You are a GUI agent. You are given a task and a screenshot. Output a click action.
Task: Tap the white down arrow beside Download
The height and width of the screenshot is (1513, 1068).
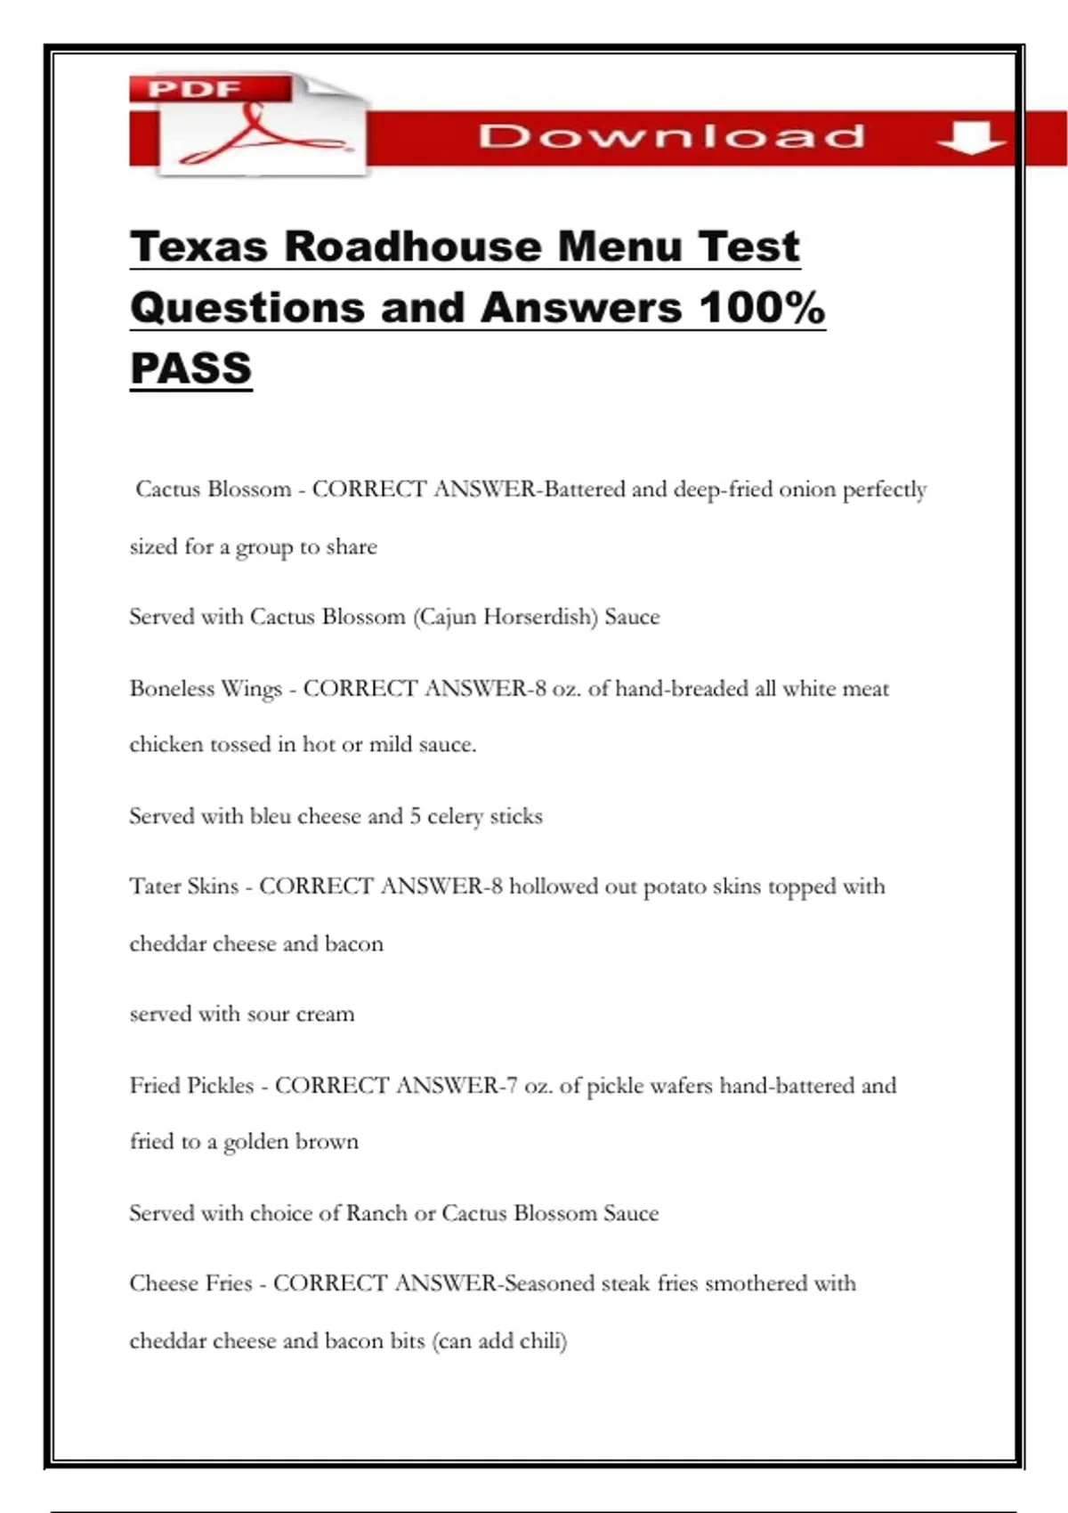971,138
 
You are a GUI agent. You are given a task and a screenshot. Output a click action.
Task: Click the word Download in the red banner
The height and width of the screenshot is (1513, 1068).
672,137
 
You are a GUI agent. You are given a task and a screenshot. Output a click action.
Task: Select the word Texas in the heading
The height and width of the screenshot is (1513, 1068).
198,247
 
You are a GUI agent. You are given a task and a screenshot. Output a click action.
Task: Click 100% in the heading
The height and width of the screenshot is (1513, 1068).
762,308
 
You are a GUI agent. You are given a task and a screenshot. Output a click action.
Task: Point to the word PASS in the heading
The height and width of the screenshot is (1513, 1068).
191,368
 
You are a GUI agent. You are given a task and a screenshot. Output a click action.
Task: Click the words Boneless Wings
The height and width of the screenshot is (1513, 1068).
206,689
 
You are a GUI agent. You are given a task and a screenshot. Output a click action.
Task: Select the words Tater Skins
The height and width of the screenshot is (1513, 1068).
184,886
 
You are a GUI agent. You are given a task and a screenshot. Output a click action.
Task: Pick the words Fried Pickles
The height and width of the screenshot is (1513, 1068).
192,1086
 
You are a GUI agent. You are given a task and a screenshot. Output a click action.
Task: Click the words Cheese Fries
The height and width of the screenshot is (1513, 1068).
191,1283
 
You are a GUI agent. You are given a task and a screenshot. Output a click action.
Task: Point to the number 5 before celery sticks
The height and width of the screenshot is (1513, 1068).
415,816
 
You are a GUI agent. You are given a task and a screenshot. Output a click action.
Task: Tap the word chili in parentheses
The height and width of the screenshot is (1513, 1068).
542,1340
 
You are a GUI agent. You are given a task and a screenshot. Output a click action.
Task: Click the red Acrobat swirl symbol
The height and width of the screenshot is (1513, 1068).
258,133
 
